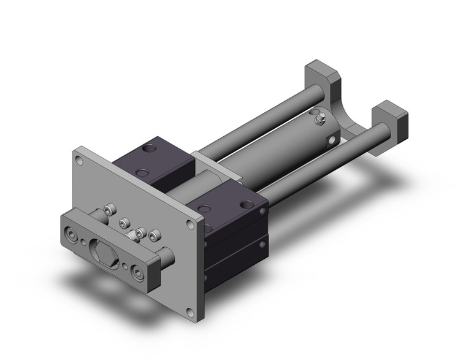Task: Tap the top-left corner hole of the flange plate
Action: [x=79, y=160]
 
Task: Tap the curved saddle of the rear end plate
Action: [x=346, y=110]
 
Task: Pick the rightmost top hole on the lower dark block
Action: [x=246, y=204]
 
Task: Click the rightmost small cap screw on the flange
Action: [x=155, y=234]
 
